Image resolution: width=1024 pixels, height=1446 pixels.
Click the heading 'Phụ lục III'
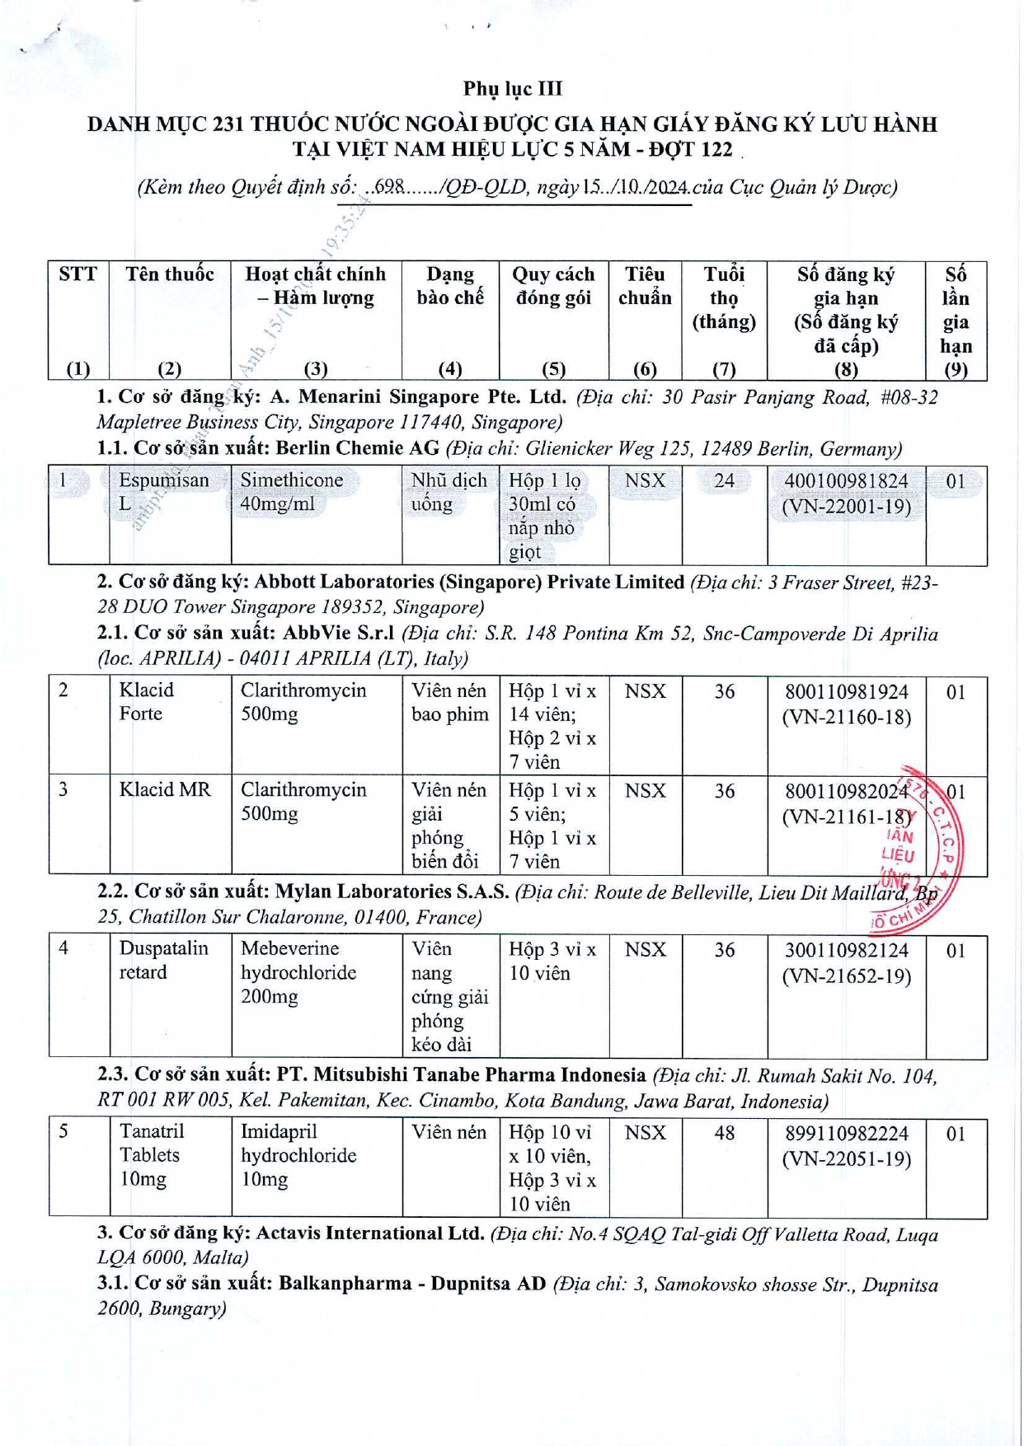click(x=512, y=88)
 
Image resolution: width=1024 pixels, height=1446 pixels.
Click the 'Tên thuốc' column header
click(x=170, y=274)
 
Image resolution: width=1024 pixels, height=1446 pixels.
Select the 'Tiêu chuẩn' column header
click(x=645, y=286)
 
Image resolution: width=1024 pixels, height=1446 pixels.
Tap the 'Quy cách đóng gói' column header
click(x=553, y=286)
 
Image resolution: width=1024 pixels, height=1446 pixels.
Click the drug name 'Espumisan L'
click(x=163, y=492)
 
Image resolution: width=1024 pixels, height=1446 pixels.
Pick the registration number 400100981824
click(x=846, y=481)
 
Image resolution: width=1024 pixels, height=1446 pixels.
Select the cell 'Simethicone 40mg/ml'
click(x=292, y=492)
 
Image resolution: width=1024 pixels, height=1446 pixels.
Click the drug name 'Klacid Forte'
click(x=146, y=702)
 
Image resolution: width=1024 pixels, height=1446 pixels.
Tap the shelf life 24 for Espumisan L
click(x=724, y=481)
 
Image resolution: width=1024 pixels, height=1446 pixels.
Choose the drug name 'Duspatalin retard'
click(x=163, y=961)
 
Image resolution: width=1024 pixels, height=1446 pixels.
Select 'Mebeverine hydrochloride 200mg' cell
click(x=298, y=973)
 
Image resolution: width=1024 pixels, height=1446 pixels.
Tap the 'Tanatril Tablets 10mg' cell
click(x=152, y=1155)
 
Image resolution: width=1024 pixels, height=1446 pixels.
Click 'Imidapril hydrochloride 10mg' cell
click(x=298, y=1155)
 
